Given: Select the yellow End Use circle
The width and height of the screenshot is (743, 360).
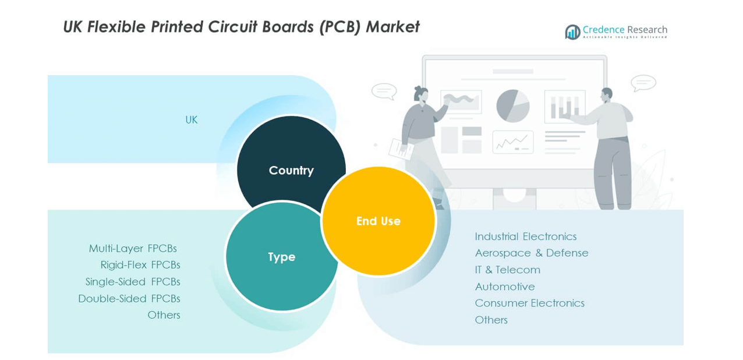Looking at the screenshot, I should pos(378,221).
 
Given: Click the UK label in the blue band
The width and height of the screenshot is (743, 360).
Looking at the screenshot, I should pos(192,120).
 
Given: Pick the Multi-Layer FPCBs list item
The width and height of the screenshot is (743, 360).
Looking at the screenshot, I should pos(133,249).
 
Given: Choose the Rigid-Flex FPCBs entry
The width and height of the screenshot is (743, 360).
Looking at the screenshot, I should pos(140,265).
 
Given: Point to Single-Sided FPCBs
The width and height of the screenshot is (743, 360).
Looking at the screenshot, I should pos(133,282).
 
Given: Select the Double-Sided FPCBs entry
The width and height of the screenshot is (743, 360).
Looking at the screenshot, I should pos(129,299).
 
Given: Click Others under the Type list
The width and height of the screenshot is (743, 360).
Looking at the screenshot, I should pos(164,315).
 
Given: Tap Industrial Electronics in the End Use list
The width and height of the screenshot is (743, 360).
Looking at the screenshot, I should pos(525,237).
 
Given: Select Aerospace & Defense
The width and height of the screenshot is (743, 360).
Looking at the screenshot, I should pos(531,253).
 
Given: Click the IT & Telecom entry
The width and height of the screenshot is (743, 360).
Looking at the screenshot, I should pos(507,270).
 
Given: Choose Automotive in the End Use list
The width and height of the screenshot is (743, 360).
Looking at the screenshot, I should pos(504,287).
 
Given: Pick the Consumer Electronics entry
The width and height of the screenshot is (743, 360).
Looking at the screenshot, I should pos(529,303).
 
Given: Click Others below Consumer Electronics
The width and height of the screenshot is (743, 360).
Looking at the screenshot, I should pos(491,320).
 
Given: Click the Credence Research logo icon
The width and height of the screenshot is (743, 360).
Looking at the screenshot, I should pos(572,31).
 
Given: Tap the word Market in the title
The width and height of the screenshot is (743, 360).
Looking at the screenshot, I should pos(392,27).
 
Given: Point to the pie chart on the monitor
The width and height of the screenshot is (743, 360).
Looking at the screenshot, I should pos(512,106).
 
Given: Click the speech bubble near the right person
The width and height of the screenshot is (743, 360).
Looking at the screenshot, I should pos(643,83).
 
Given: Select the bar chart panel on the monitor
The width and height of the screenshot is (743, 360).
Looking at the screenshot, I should pos(564,107).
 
